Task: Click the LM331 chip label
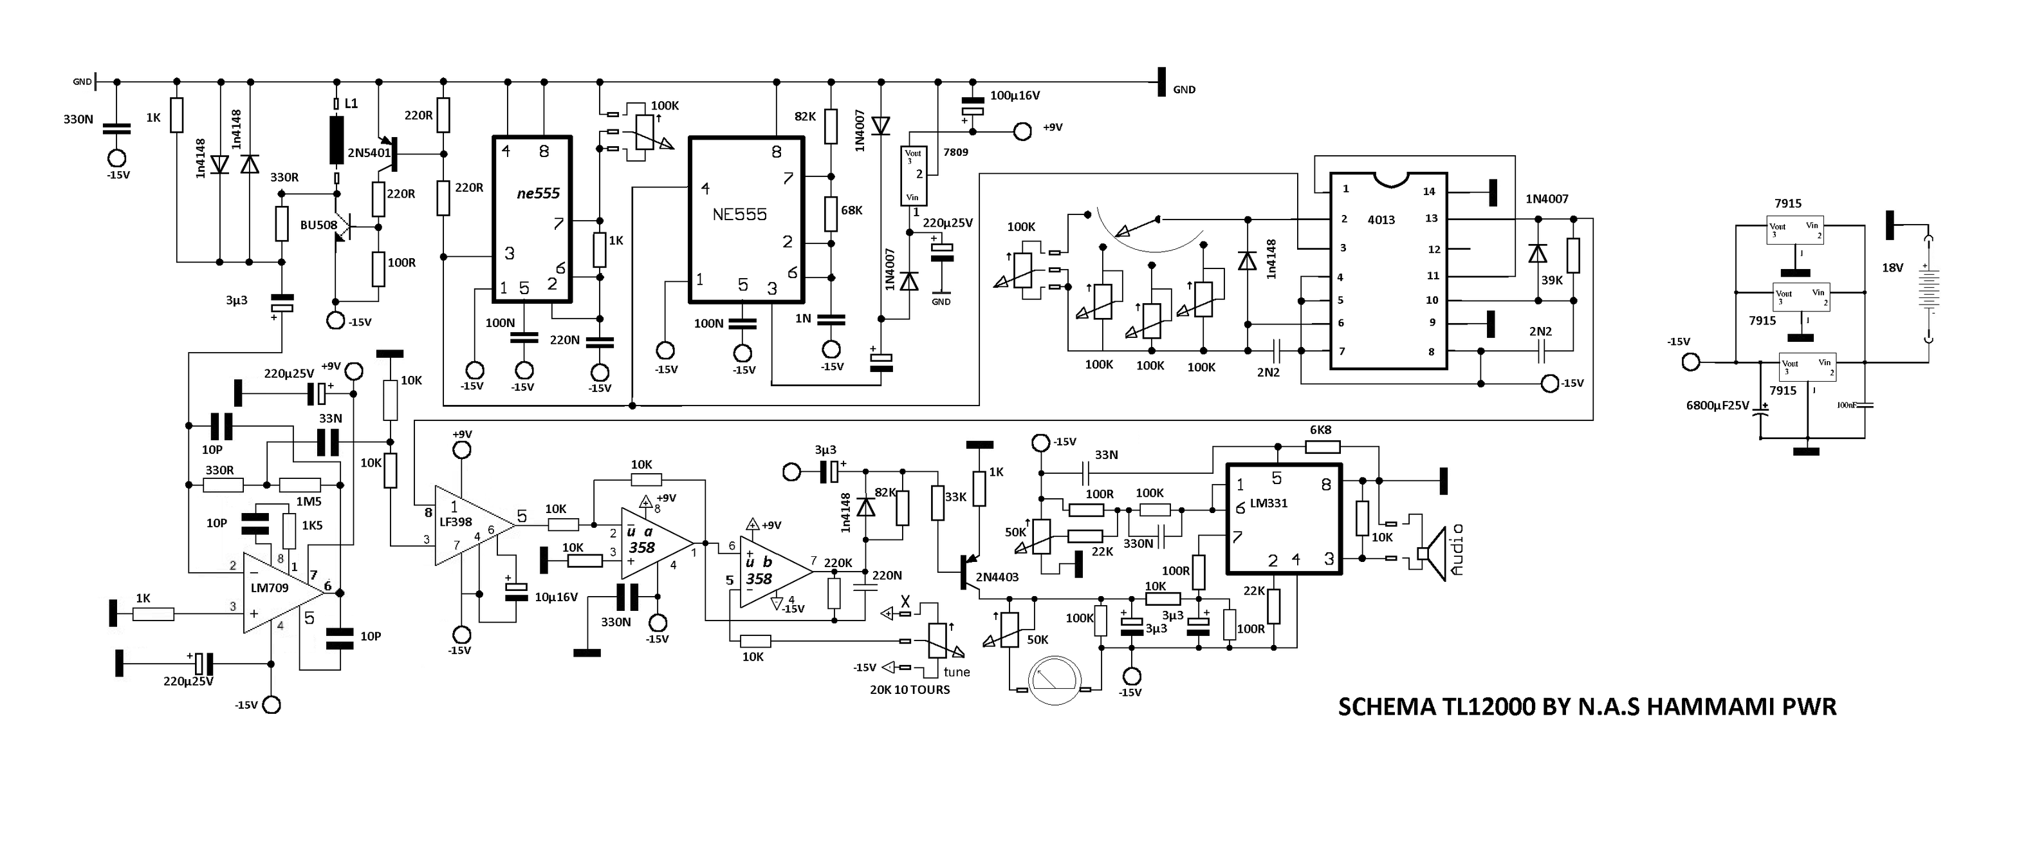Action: pyautogui.click(x=1268, y=503)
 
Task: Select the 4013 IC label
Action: pyautogui.click(x=1381, y=220)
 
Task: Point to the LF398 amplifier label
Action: pyautogui.click(x=456, y=522)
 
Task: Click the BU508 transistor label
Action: pyautogui.click(x=318, y=225)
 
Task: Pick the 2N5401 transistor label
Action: pyautogui.click(x=369, y=153)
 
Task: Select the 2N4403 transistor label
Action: pyautogui.click(x=997, y=577)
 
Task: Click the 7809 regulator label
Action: pyautogui.click(x=955, y=152)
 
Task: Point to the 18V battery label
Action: pyautogui.click(x=1892, y=268)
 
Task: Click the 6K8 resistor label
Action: pyautogui.click(x=1321, y=429)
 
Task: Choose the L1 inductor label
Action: pyautogui.click(x=351, y=104)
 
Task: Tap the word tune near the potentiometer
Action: pyautogui.click(x=956, y=672)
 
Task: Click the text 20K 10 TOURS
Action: pyautogui.click(x=909, y=690)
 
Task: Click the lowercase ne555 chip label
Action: pyautogui.click(x=538, y=194)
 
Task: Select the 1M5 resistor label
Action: pyautogui.click(x=308, y=501)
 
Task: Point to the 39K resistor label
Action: pyautogui.click(x=1551, y=281)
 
